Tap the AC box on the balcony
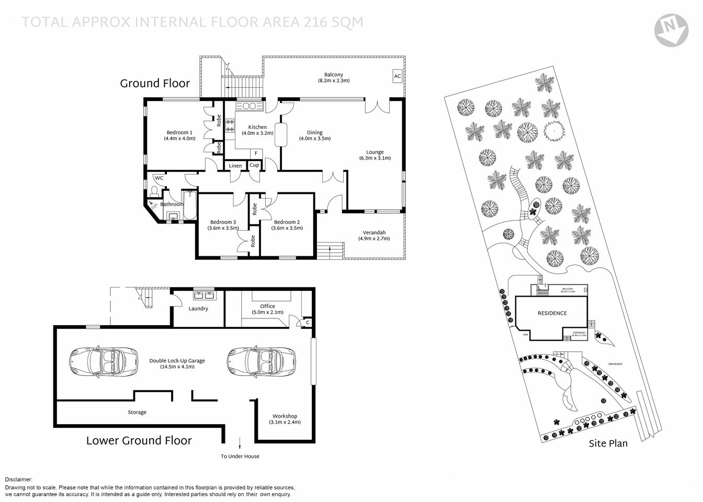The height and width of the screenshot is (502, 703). (397, 76)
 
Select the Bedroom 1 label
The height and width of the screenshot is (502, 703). (179, 135)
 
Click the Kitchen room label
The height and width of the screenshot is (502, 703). (257, 130)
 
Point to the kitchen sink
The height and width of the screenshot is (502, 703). (248, 107)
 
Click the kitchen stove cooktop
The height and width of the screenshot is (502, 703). (230, 126)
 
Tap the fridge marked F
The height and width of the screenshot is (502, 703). (256, 153)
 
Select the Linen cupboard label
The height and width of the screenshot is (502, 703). (236, 166)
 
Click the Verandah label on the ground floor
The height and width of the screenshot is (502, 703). (374, 235)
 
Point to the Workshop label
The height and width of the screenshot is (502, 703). (285, 419)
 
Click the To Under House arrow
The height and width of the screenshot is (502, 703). (240, 443)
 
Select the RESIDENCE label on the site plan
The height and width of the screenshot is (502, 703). (552, 313)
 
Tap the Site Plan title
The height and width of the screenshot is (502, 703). (608, 443)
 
